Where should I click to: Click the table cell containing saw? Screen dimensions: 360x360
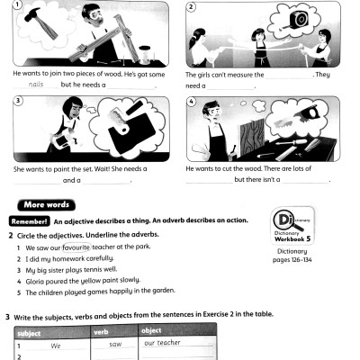point(114,344)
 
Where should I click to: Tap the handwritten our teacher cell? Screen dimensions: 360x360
point(162,343)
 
